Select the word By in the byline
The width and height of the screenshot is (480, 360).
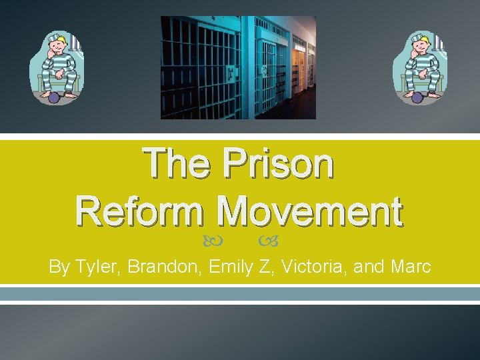click(x=59, y=267)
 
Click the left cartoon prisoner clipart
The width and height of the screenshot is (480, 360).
click(x=56, y=67)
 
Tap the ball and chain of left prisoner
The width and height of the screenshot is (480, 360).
click(x=53, y=98)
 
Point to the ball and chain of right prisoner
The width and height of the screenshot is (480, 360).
click(x=418, y=98)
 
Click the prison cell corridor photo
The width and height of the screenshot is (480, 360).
click(x=238, y=67)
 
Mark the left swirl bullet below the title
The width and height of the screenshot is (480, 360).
click(x=221, y=238)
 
